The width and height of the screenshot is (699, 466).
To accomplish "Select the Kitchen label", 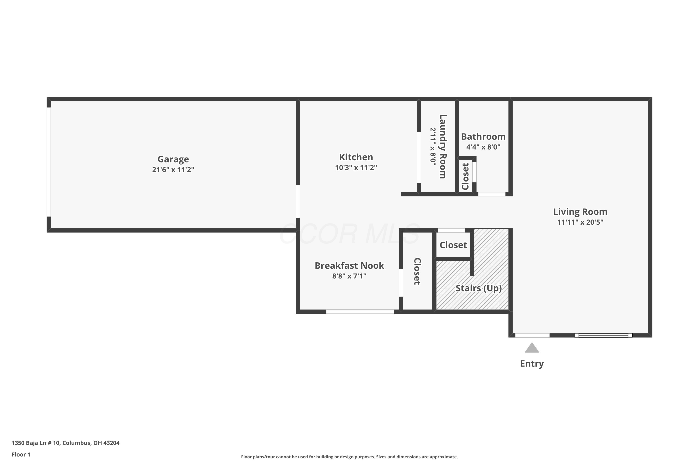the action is point(356,157).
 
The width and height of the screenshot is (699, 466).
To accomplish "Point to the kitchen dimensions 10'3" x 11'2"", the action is point(356,168).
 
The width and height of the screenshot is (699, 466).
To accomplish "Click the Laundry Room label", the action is point(443,147).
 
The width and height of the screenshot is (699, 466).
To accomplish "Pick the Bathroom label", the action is point(483,137).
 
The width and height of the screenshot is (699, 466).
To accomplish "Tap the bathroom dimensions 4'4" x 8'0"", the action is point(483,147).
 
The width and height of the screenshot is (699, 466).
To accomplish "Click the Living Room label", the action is point(580,212).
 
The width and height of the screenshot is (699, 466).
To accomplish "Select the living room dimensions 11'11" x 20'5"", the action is point(580,222).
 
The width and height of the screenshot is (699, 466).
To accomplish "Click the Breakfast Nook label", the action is point(349,266).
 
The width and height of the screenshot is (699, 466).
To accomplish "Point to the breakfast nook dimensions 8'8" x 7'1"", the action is point(349,276).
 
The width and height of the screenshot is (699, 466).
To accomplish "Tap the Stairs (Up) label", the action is point(479,288).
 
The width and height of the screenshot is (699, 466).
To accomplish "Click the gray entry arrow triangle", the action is point(532,348).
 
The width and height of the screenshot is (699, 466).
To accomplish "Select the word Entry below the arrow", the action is point(532,364).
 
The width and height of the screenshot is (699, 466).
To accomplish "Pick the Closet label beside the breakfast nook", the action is point(417,271).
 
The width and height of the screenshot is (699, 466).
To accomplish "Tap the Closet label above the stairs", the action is point(453,245).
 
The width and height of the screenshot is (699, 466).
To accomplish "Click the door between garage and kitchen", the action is point(298,202).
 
